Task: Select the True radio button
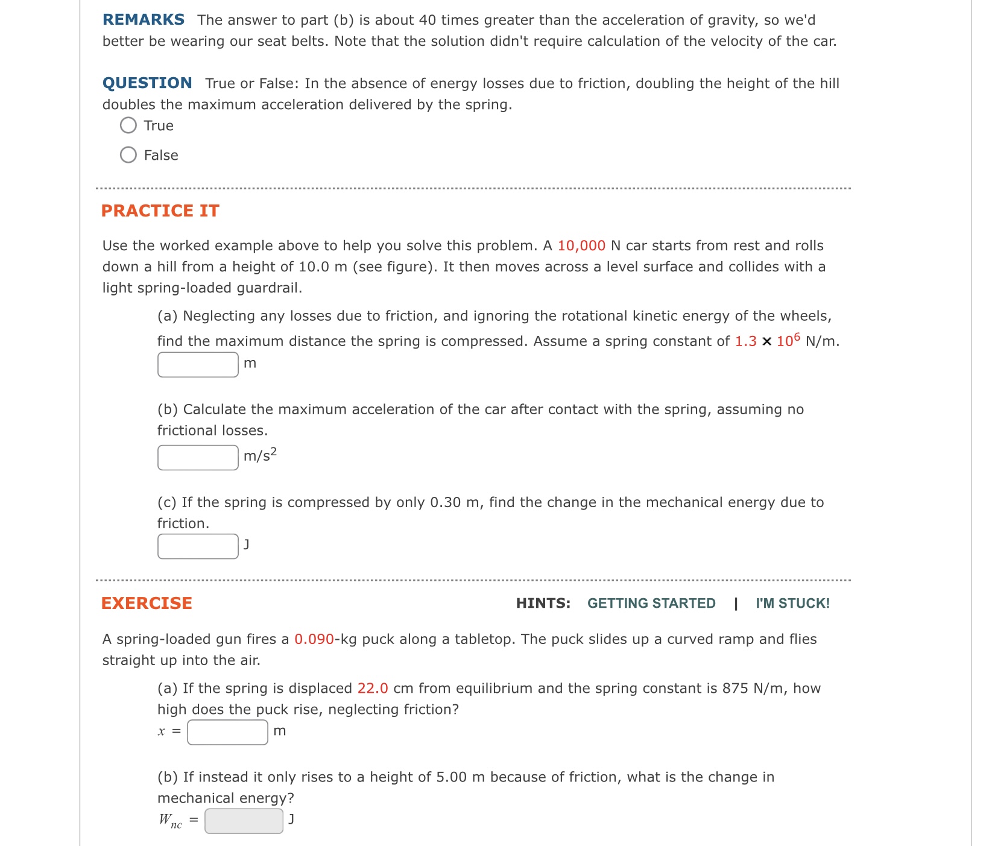128,125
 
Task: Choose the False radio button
128,155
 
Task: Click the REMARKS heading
144,20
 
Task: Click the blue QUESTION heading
147,83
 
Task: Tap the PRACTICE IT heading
160,210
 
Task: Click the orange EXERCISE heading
147,603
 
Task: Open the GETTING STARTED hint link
651,604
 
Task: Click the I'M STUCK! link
792,604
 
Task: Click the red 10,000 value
581,246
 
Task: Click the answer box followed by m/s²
198,458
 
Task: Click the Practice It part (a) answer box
198,364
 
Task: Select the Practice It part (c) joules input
198,546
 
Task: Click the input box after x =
227,732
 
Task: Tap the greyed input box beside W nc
244,821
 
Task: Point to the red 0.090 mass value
314,639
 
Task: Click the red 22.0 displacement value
373,689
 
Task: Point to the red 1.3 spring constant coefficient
745,341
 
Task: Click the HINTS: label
543,604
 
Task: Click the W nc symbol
170,821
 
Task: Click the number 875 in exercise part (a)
735,689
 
